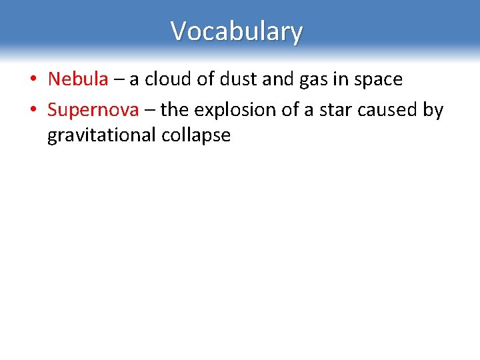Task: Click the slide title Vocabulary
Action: coord(237,31)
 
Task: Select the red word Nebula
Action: coord(77,79)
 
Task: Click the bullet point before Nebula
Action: coord(32,80)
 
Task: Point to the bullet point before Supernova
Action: coord(32,110)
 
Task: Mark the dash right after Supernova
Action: coord(150,110)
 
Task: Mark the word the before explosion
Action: coord(175,109)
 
